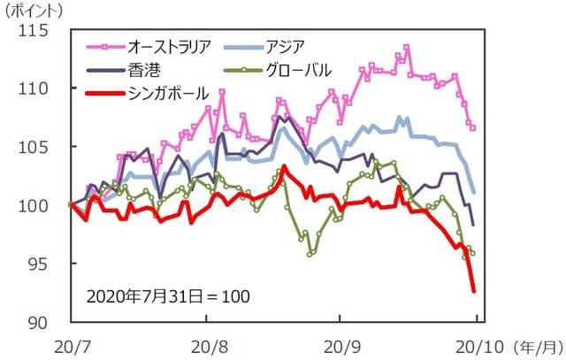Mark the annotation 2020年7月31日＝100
(167, 295)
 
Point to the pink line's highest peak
(406, 47)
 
